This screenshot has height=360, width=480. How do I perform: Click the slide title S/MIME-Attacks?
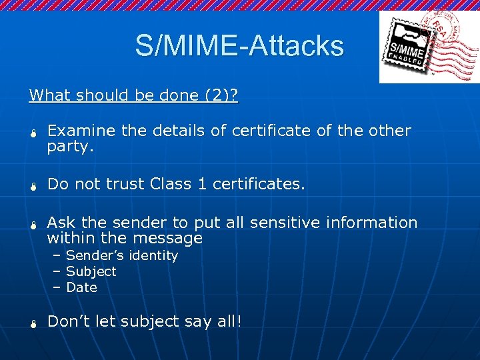(239, 45)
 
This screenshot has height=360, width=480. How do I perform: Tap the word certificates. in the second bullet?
(259, 184)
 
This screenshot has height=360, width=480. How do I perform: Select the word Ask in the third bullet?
(60, 223)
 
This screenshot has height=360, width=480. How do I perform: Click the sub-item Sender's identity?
(122, 255)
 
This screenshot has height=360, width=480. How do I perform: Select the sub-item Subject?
(91, 271)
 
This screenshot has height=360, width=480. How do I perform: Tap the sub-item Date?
(82, 287)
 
